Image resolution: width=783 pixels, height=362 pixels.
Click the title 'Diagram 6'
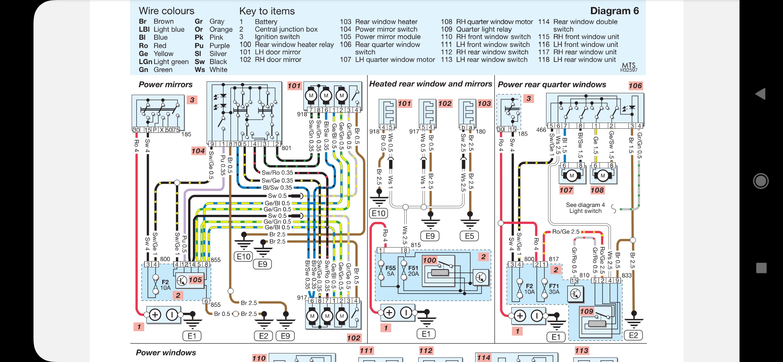tap(614, 11)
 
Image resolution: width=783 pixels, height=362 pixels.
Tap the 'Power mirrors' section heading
tap(166, 84)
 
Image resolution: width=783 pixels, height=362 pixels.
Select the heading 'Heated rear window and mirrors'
tap(430, 84)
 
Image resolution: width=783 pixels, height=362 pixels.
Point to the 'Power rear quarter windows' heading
tap(552, 84)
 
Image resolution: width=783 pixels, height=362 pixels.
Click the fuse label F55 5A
tap(390, 271)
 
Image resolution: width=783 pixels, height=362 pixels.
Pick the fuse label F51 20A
tap(413, 271)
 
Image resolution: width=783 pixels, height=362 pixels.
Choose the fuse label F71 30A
tap(554, 289)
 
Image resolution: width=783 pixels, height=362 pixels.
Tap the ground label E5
tap(469, 236)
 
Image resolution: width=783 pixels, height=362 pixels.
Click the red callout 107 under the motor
tap(566, 190)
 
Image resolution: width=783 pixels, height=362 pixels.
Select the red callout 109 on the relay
tap(587, 311)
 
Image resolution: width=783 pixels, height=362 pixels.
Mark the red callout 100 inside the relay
tap(429, 260)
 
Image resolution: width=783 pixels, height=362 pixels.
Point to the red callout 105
tap(195, 280)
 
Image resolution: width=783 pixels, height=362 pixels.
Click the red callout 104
tap(198, 151)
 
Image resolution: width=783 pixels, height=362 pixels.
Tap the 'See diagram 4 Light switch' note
tap(585, 208)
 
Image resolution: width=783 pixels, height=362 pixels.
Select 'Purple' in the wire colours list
tap(220, 46)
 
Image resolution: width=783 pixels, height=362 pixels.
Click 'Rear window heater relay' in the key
tap(294, 45)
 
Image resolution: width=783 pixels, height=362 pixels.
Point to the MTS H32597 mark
tap(629, 67)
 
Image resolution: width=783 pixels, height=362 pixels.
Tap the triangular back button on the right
tap(761, 94)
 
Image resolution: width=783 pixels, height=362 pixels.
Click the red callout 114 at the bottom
tap(484, 358)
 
